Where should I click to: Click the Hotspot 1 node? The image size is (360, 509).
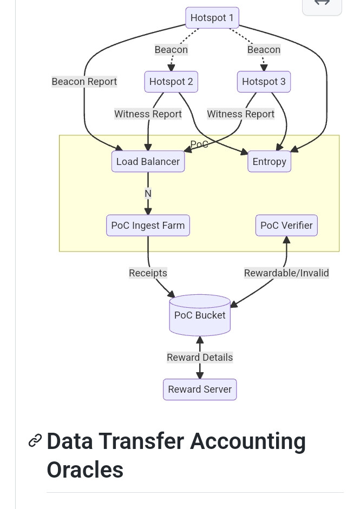[212, 17]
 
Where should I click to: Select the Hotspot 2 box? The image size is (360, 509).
[171, 82]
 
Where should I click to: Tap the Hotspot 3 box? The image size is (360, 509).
[264, 82]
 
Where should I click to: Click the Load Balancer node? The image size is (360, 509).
[148, 161]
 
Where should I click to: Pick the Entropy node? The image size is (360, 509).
[270, 161]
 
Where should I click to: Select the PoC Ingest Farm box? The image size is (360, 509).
[148, 225]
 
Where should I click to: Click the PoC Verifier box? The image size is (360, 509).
[286, 225]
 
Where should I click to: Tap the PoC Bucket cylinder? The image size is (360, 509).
[200, 315]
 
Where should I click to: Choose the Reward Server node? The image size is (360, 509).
[200, 389]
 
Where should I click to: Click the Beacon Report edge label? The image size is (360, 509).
[84, 82]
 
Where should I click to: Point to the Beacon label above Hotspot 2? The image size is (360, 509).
[171, 50]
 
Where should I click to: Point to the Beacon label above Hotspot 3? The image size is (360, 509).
[264, 50]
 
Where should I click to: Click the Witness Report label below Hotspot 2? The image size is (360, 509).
[148, 114]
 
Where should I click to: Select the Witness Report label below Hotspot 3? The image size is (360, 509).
[241, 114]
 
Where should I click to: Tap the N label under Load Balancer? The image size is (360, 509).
[148, 194]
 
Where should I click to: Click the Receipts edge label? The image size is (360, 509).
[148, 273]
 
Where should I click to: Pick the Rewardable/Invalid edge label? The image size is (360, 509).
[286, 273]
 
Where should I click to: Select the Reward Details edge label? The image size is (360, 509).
[200, 358]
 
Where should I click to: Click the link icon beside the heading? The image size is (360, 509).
[35, 440]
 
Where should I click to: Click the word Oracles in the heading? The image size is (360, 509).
[85, 470]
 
